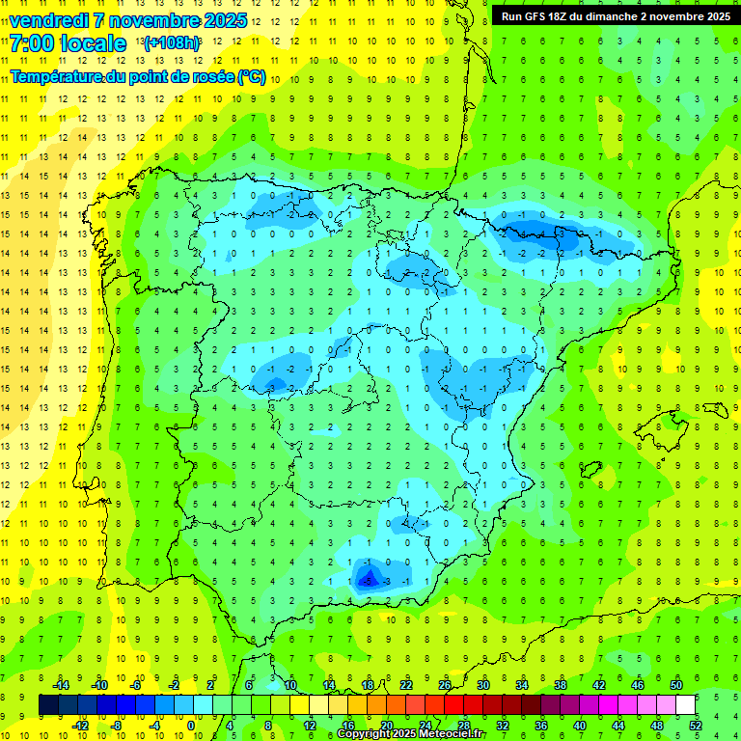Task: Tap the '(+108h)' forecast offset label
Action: click(x=172, y=43)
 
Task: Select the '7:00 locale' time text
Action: click(x=68, y=43)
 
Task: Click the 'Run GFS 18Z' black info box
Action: click(x=613, y=15)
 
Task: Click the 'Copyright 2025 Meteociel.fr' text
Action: click(x=411, y=734)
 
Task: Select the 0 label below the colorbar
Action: click(x=192, y=726)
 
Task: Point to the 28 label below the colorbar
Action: click(x=464, y=726)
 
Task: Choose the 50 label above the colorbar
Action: click(x=676, y=685)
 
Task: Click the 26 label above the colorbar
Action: click(x=445, y=685)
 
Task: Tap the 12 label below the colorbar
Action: click(x=309, y=726)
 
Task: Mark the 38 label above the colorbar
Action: click(x=561, y=685)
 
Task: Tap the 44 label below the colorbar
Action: click(x=618, y=726)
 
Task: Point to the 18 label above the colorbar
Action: click(x=368, y=685)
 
